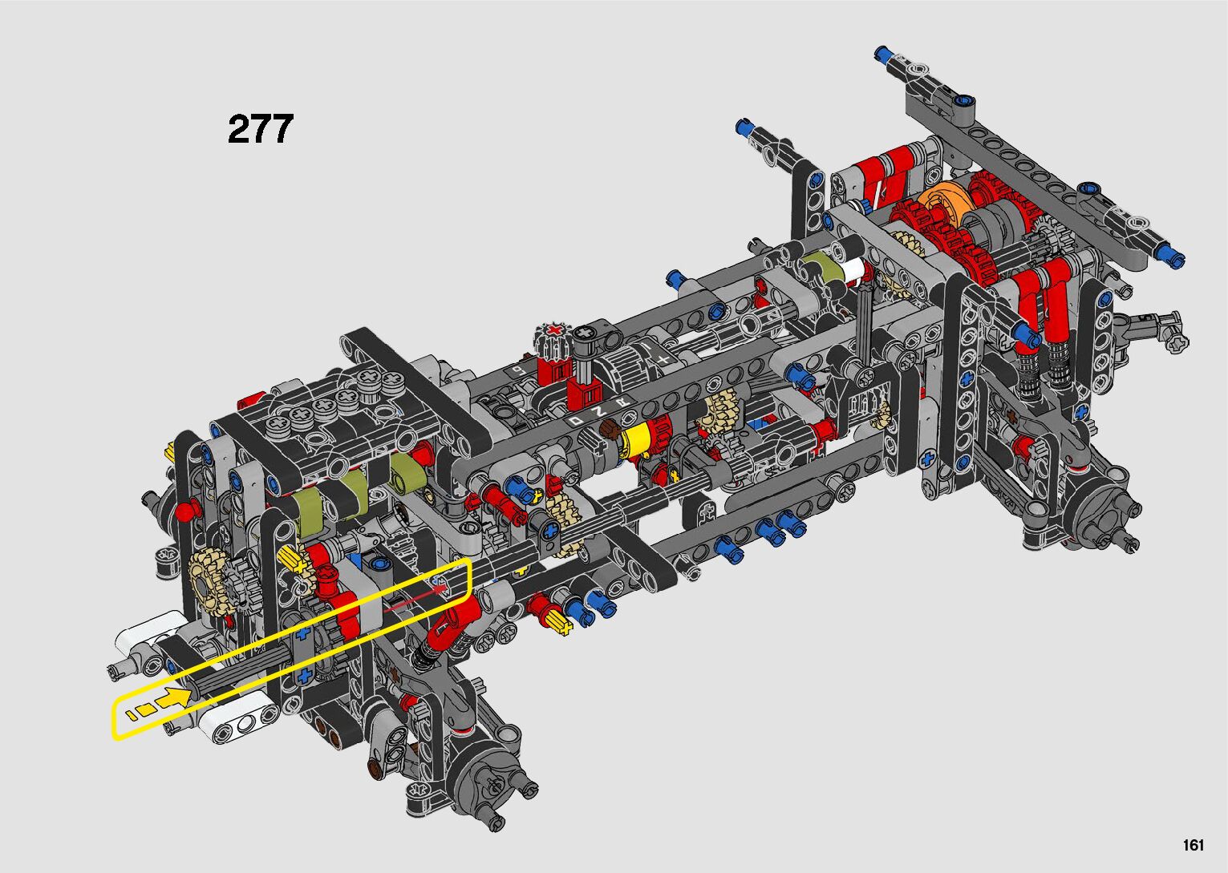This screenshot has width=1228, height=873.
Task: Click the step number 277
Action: (x=261, y=129)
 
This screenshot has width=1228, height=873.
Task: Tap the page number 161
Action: (x=1194, y=845)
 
